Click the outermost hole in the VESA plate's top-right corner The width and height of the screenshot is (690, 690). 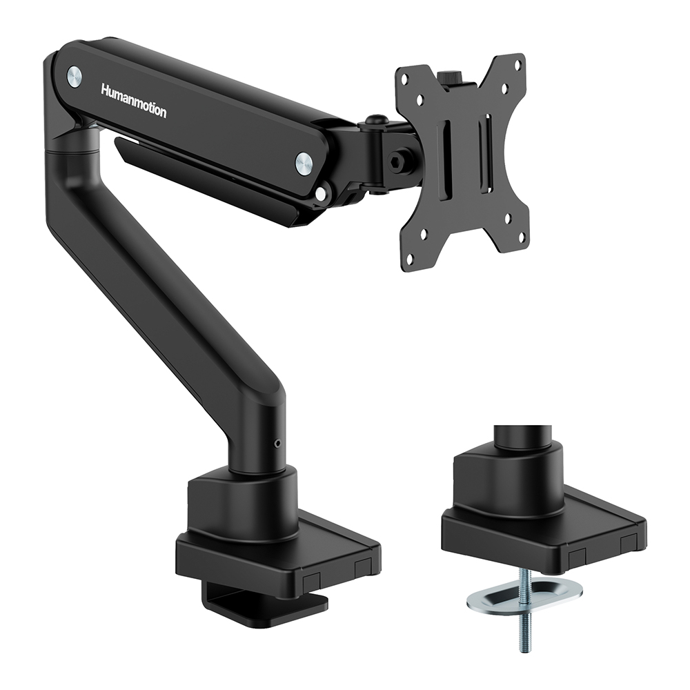tap(517, 63)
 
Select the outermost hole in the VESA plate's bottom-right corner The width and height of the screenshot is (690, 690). tap(521, 235)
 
